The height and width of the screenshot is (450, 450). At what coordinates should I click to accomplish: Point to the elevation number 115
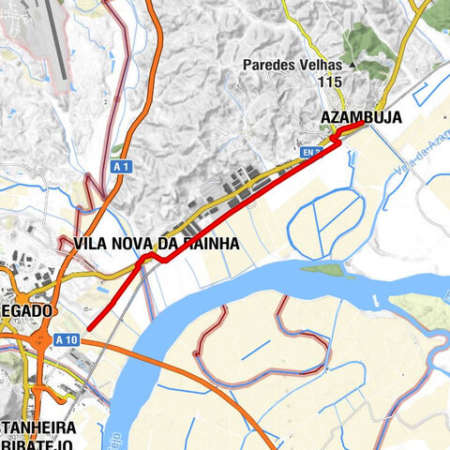click(x=329, y=82)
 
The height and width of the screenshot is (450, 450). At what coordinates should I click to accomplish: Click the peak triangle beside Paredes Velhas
click(x=352, y=66)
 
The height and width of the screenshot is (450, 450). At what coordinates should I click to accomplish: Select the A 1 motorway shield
click(x=118, y=166)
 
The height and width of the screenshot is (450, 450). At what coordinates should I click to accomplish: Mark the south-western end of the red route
click(x=90, y=328)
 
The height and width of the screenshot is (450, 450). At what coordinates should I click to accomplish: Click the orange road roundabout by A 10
click(x=43, y=343)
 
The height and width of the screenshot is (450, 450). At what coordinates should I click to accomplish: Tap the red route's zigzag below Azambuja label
click(x=335, y=139)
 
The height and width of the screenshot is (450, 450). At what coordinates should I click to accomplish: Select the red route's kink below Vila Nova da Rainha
click(x=150, y=260)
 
